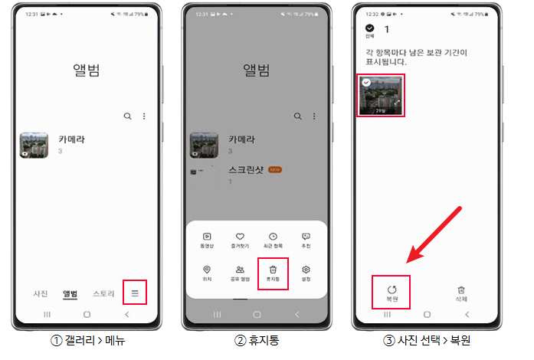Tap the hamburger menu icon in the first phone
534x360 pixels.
coord(136,293)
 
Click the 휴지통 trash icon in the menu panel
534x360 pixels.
coord(273,270)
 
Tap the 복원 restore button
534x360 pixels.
coord(391,292)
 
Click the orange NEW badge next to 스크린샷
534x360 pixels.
coord(274,169)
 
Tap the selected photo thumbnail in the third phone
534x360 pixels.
coord(381,95)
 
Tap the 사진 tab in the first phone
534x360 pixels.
coord(40,293)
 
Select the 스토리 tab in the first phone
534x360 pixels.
coord(104,293)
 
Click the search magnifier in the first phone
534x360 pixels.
coord(127,116)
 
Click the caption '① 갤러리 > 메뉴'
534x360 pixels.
coord(86,340)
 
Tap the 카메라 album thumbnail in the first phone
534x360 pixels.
coord(34,145)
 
